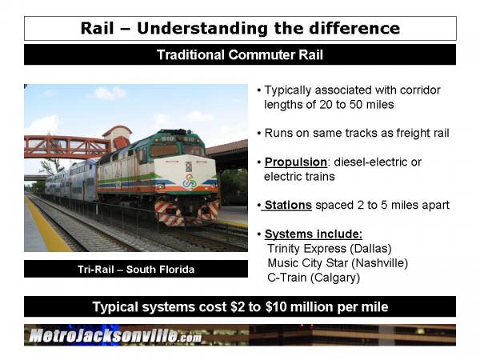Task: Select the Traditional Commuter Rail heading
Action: [240, 54]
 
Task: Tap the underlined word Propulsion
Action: [296, 162]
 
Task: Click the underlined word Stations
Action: [288, 205]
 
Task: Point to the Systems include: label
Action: [314, 234]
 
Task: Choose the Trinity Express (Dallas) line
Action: [330, 249]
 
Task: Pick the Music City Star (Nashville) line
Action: [338, 263]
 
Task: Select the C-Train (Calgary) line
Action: [314, 278]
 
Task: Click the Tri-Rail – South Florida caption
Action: [136, 270]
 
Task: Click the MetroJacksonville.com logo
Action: [115, 336]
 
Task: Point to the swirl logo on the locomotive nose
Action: [189, 182]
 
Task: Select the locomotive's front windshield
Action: [177, 150]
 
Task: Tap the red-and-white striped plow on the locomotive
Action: [187, 212]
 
